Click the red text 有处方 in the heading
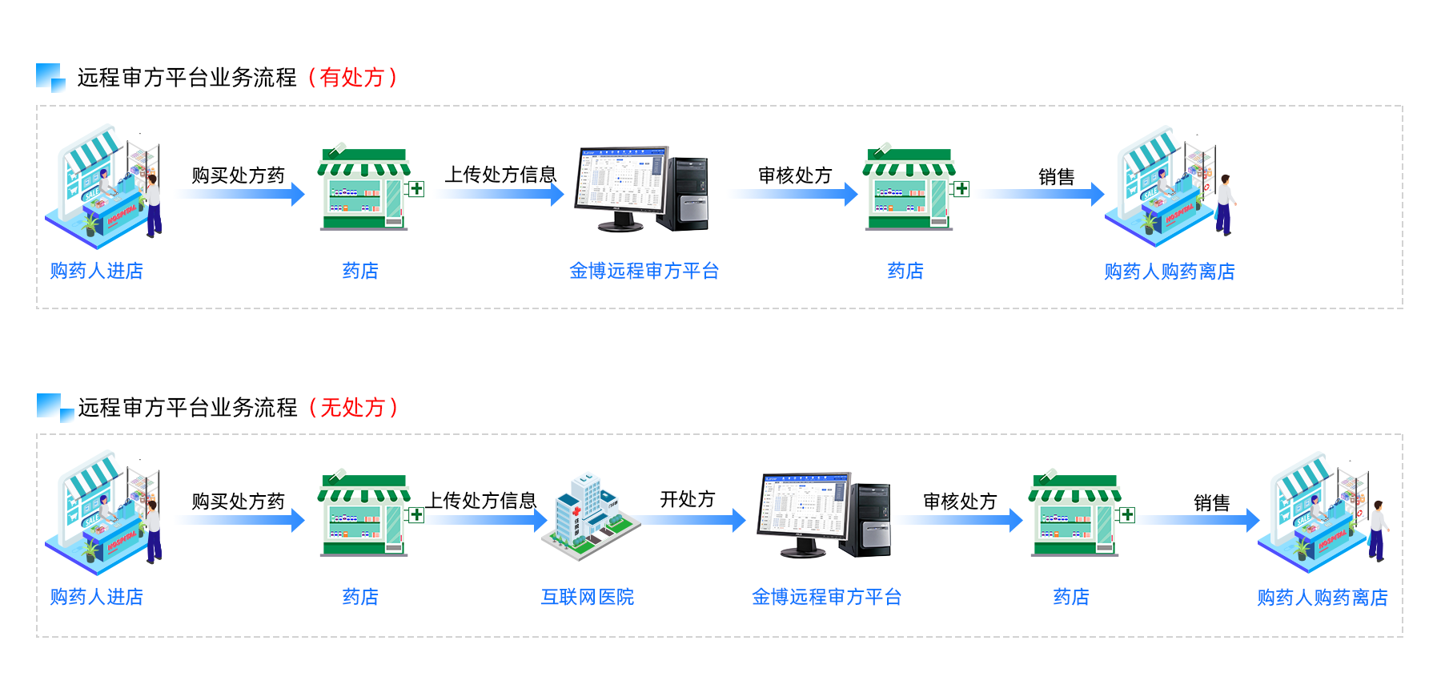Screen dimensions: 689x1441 (x=352, y=78)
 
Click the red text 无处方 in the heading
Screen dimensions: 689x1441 (x=353, y=408)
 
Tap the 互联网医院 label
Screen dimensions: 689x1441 (x=588, y=597)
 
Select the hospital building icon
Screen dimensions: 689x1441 (x=590, y=517)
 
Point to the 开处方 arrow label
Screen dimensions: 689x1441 (x=687, y=499)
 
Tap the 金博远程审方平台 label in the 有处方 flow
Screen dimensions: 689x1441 (x=644, y=271)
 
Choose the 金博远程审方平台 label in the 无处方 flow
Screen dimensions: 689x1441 (x=826, y=597)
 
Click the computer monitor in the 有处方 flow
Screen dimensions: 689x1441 (x=620, y=184)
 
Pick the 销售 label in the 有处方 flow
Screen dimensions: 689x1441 (x=1056, y=177)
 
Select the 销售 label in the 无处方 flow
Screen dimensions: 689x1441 (x=1211, y=503)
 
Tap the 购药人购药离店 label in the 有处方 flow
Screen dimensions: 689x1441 (x=1169, y=272)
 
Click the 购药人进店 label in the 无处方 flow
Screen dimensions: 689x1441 (x=96, y=597)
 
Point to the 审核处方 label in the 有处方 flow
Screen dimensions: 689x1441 (x=795, y=175)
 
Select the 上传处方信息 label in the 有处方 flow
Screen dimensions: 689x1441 (x=500, y=175)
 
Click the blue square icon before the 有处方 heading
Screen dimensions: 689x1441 (x=50, y=78)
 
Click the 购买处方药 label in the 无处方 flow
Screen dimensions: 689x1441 (x=238, y=502)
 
